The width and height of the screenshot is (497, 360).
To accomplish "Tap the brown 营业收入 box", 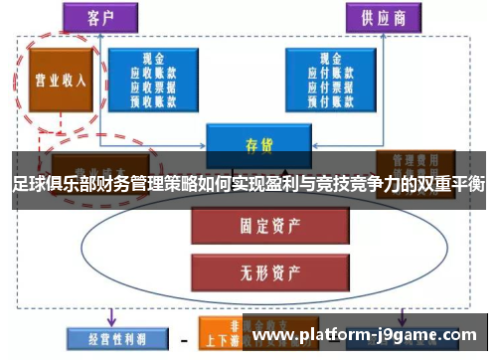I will click(59, 81).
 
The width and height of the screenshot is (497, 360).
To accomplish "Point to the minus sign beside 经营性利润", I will click(183, 338).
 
